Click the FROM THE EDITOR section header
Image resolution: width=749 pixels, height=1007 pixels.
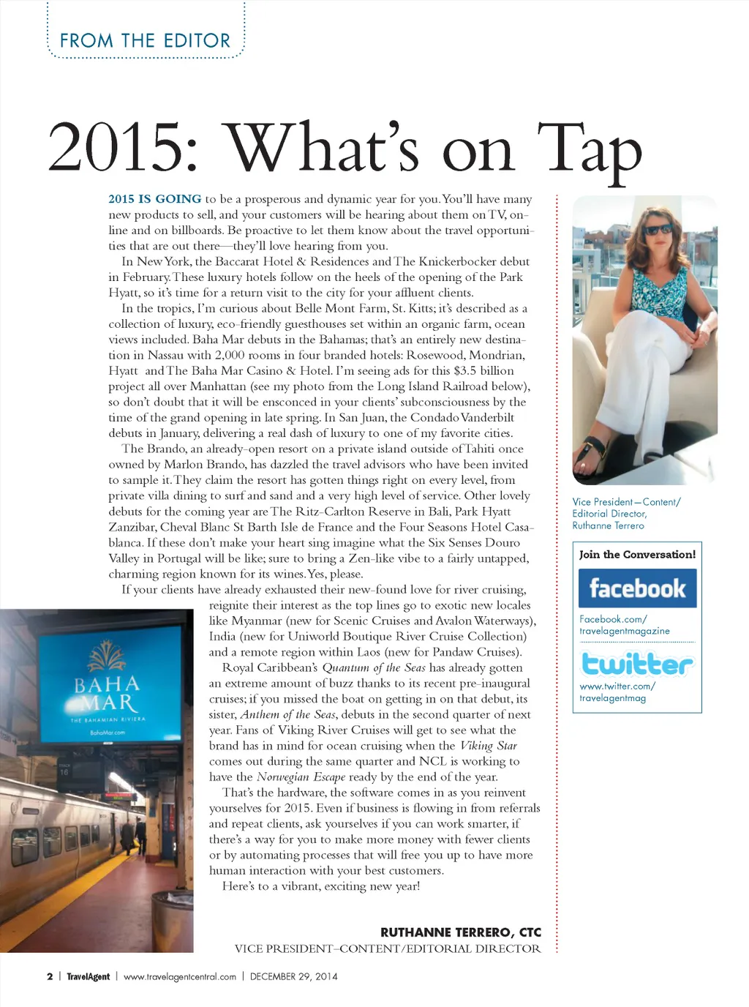click(145, 40)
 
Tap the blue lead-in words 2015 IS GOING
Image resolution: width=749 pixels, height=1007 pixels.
click(155, 199)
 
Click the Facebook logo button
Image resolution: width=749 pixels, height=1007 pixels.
click(637, 588)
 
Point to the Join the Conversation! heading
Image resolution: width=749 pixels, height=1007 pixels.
click(637, 554)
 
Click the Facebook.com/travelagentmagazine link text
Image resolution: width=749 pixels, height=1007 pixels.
click(624, 625)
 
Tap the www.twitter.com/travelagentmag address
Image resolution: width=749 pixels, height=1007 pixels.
click(617, 692)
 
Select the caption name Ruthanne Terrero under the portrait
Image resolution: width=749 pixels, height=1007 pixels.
click(608, 525)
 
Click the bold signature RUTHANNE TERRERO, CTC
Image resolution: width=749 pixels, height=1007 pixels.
click(461, 932)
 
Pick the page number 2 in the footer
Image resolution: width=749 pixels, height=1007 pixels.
click(50, 976)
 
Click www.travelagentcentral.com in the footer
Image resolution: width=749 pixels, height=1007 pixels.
click(180, 976)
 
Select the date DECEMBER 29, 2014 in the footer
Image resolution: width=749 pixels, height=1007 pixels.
click(294, 976)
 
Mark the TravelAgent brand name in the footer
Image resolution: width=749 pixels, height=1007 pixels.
click(89, 976)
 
